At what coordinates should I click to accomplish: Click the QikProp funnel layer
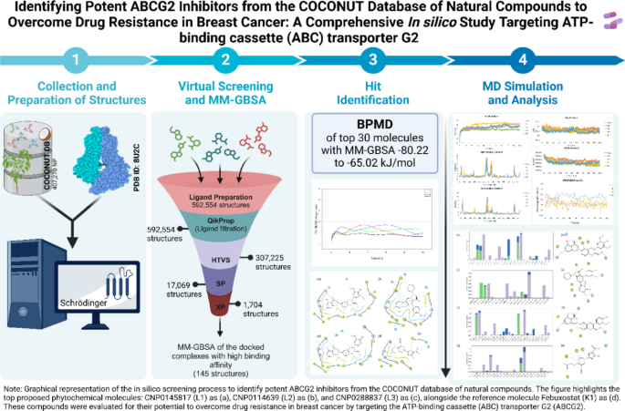[x=224, y=223]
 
